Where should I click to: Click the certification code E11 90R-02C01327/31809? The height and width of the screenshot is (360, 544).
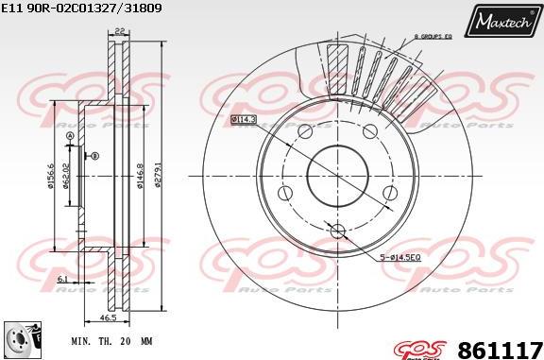(81, 8)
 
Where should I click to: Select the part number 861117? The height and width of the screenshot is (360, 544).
(500, 347)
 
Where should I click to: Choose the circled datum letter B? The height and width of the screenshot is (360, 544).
(93, 156)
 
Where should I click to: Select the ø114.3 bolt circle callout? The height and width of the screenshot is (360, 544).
(244, 119)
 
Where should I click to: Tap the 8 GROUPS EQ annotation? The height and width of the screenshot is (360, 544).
(435, 36)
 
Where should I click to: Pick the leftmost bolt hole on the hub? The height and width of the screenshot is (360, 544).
(283, 194)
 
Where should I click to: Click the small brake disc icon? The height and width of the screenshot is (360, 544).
(16, 338)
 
